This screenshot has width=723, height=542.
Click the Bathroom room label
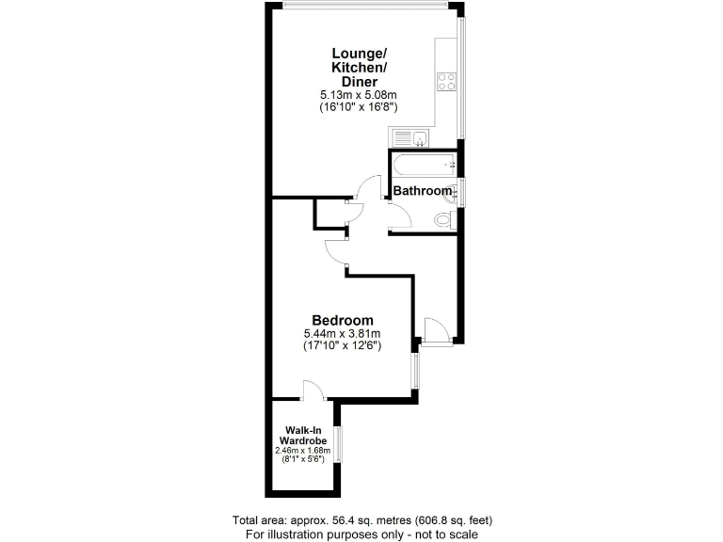[x=422, y=191]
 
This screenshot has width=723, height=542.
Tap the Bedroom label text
[x=343, y=320]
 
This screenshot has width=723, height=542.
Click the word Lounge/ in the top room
[x=358, y=53]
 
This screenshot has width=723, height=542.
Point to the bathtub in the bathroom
[x=423, y=167]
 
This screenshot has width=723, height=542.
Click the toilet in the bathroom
[x=446, y=220]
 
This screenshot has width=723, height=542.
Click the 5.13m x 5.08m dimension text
[x=358, y=95]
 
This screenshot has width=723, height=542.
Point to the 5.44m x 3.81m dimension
[x=342, y=333]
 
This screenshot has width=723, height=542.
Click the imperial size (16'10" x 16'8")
[x=358, y=108]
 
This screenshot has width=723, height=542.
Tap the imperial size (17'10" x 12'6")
[x=342, y=346]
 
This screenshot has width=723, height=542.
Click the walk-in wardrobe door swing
[x=313, y=390]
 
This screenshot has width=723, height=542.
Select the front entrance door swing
[x=434, y=331]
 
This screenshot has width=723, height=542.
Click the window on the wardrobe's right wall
[x=341, y=447]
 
